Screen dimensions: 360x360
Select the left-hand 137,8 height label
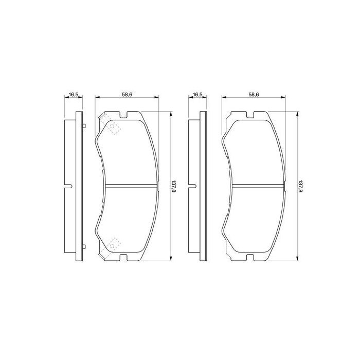pyautogui.click(x=175, y=186)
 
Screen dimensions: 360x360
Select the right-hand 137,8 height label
pyautogui.click(x=300, y=186)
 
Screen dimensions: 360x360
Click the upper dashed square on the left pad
pyautogui.click(x=113, y=128)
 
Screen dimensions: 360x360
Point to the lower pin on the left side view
pyautogui.click(x=83, y=246)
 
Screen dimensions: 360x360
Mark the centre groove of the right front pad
pyautogui.click(x=255, y=185)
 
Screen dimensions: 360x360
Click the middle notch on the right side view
pyautogui.click(x=193, y=185)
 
